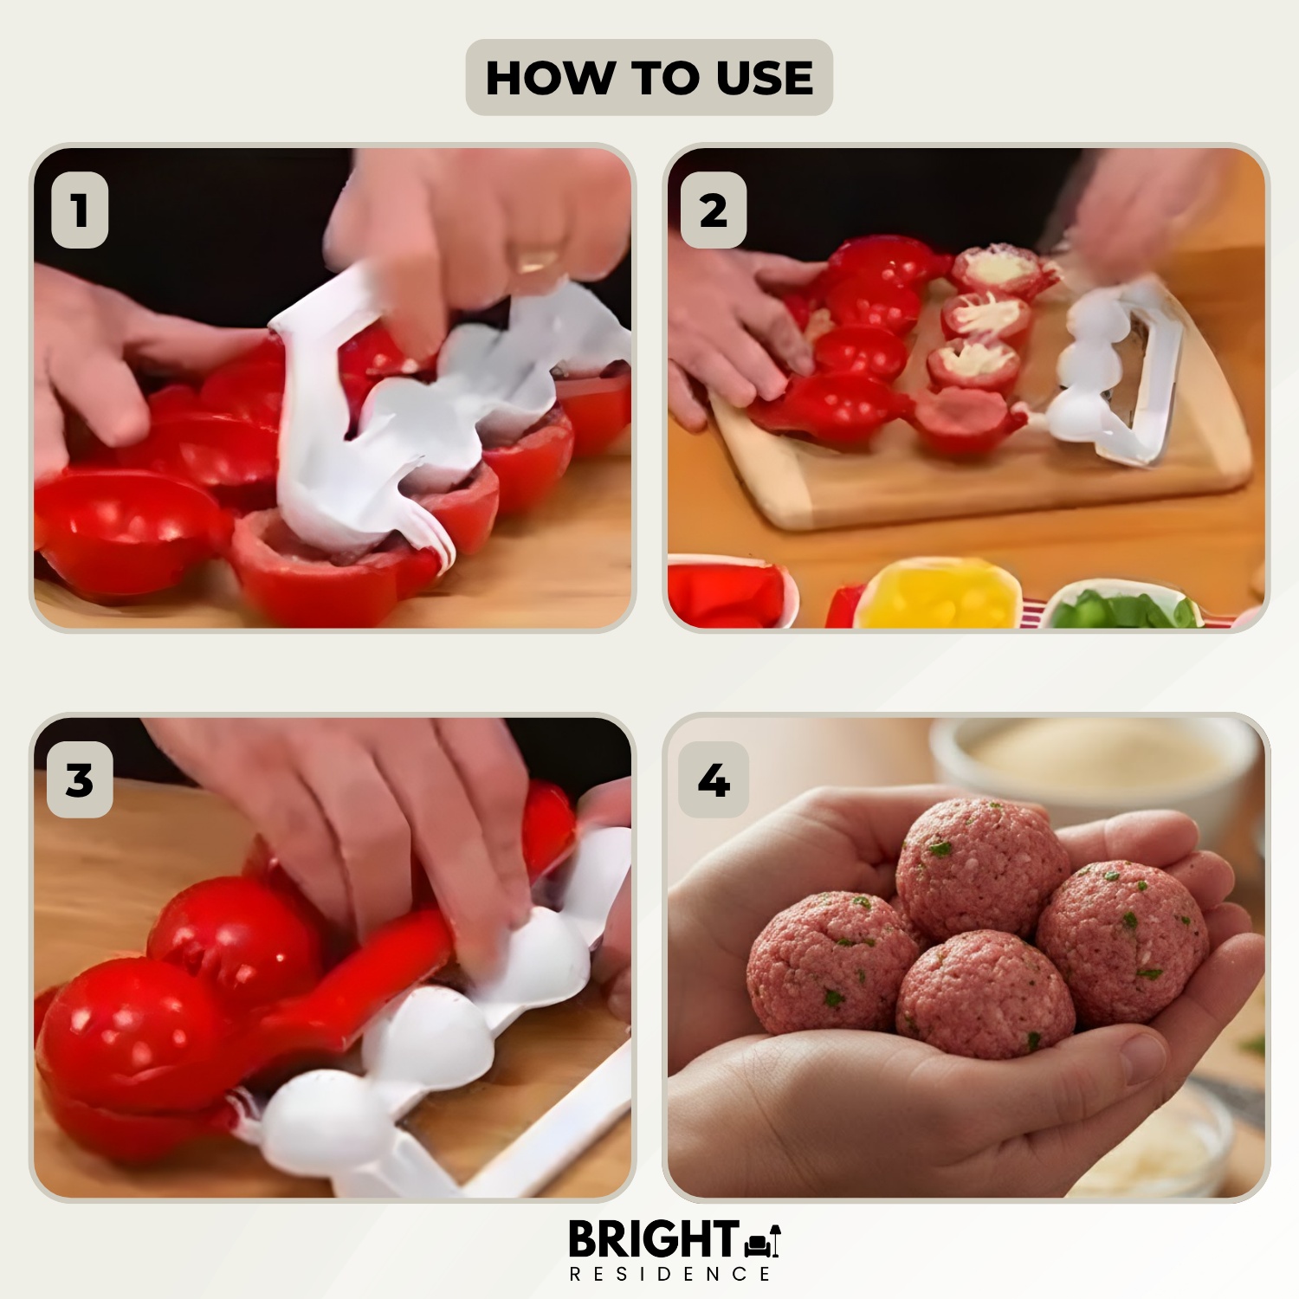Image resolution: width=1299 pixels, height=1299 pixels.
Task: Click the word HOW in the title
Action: [549, 78]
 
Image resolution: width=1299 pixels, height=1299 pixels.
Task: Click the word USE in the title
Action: [765, 78]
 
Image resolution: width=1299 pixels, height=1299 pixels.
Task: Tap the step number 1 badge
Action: [80, 210]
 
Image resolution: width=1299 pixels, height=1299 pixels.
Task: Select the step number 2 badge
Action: [714, 210]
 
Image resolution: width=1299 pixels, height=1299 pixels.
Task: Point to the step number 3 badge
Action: [80, 780]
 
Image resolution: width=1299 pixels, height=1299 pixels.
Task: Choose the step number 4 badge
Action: [714, 780]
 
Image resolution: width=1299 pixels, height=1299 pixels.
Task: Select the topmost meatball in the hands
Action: [980, 866]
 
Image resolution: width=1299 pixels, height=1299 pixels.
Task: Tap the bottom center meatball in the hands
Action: [986, 996]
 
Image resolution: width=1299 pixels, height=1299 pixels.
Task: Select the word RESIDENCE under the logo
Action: [669, 1275]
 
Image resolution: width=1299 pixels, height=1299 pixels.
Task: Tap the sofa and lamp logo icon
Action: [763, 1242]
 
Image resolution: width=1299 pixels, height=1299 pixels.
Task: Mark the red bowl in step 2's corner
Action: [729, 594]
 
